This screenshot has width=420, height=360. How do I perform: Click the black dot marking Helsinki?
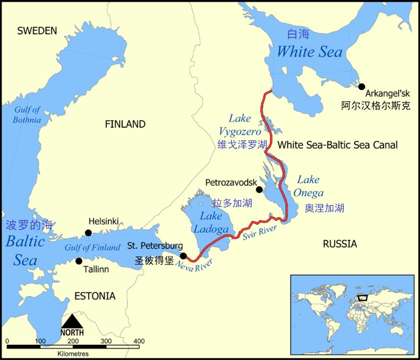click(88, 232)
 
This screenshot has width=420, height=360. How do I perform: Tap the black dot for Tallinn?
click(79, 261)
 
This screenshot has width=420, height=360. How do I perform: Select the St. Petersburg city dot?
click(183, 256)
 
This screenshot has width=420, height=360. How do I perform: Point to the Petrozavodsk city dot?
click(259, 189)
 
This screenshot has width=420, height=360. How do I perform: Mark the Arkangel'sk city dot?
click(361, 86)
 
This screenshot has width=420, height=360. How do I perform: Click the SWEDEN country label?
click(37, 31)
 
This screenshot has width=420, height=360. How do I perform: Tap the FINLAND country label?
click(125, 124)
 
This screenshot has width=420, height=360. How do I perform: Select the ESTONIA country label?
click(95, 296)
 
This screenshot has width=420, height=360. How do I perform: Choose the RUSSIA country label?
click(340, 244)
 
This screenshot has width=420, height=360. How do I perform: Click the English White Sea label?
click(309, 51)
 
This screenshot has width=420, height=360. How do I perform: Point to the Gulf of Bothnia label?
click(27, 115)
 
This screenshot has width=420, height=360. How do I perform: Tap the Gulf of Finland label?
click(93, 247)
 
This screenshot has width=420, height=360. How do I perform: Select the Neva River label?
click(194, 265)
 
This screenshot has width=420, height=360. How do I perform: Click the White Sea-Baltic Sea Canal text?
click(337, 145)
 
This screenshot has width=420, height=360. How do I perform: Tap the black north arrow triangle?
click(73, 321)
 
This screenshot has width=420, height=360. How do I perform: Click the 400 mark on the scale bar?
click(139, 341)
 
